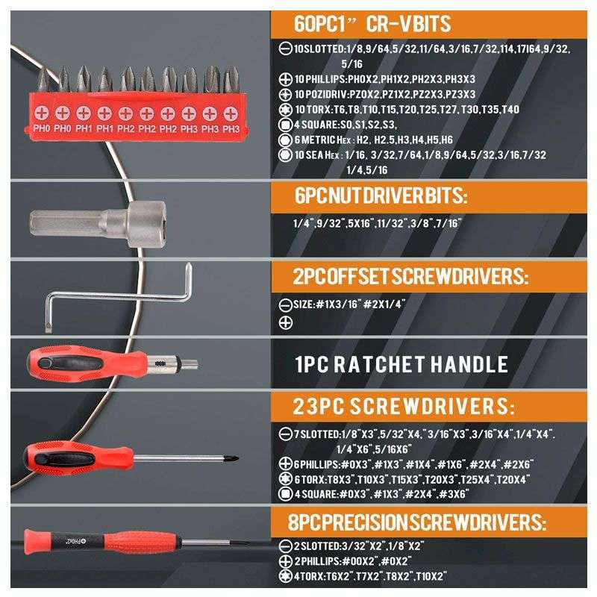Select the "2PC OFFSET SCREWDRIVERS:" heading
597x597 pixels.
410,277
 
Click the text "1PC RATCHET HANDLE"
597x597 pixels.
401,364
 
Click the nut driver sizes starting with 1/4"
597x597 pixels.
378,222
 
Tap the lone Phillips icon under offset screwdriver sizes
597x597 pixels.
284,322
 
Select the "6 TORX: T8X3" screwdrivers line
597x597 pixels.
403,478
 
